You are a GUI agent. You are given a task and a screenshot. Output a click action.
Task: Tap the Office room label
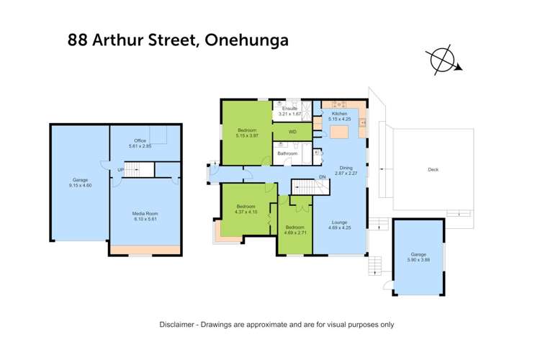[x=140, y=140]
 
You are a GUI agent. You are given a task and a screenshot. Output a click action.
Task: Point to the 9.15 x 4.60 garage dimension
[x=80, y=185]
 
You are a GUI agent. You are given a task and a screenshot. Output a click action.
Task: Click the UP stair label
[x=121, y=170]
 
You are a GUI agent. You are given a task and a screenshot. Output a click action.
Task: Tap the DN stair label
[x=322, y=177]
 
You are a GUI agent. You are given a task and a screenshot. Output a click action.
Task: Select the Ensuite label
[x=289, y=109]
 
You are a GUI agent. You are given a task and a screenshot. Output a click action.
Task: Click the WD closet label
[x=292, y=132]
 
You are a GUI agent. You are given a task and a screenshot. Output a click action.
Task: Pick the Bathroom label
[x=288, y=153]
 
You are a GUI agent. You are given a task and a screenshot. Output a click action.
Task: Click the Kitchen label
[x=339, y=114]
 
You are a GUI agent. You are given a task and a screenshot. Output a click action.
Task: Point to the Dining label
[x=346, y=167]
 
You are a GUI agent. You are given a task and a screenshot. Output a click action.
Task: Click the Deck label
[x=433, y=170]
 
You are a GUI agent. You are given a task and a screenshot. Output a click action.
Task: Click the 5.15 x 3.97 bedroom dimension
[x=246, y=135]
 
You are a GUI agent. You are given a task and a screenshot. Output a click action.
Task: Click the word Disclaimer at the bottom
[x=179, y=325]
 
